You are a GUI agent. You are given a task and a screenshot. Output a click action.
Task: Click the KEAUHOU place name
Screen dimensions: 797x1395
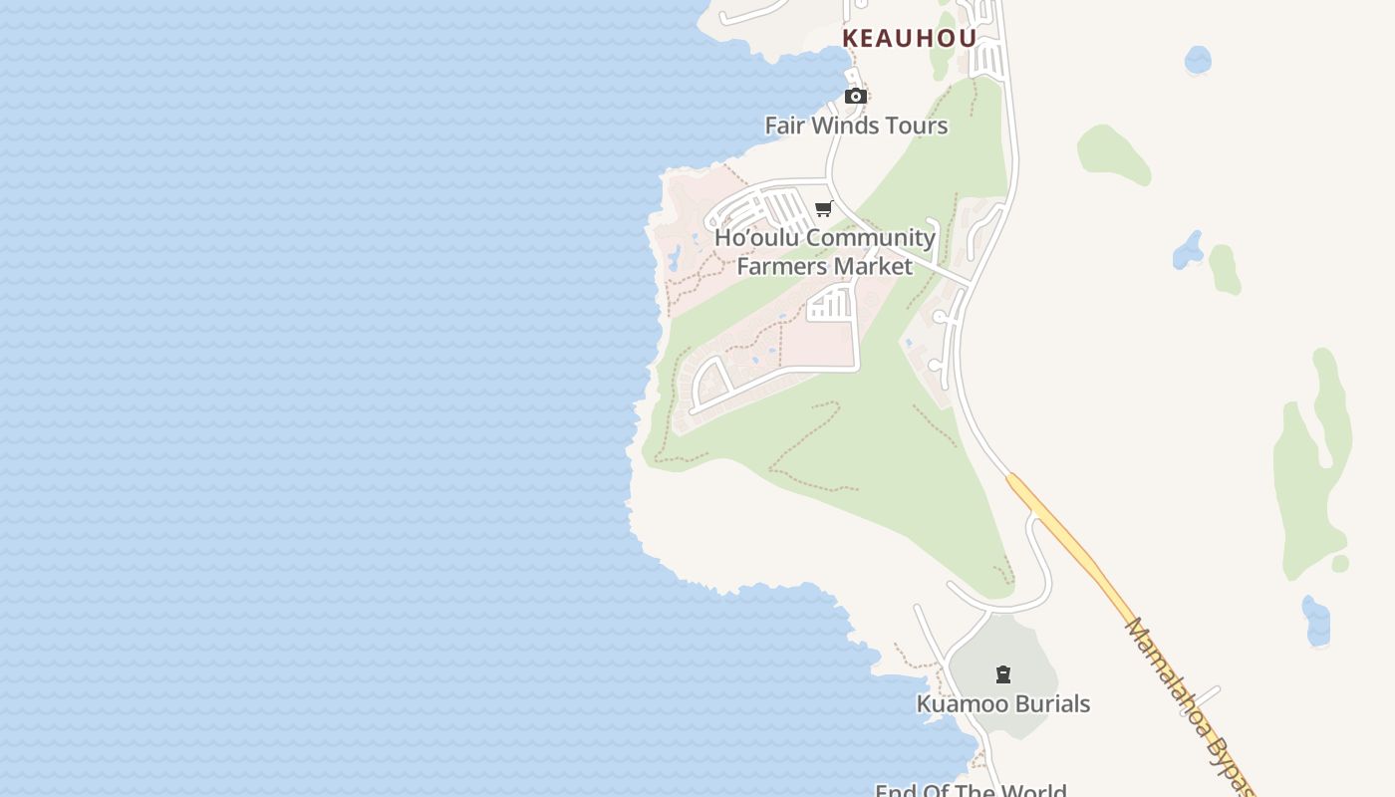point(909,38)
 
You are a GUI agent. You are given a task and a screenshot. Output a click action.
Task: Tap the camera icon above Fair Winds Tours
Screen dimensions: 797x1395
point(855,97)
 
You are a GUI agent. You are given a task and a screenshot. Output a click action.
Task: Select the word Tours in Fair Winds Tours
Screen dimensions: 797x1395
point(916,126)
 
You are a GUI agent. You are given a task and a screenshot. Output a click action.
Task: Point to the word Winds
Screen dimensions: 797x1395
point(846,126)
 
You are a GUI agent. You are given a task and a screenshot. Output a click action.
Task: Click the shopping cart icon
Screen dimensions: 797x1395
point(824,208)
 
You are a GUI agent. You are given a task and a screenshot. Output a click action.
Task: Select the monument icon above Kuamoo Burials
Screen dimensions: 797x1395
point(1003,674)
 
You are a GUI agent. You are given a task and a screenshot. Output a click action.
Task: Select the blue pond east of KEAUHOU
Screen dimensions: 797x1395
point(1198,60)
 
